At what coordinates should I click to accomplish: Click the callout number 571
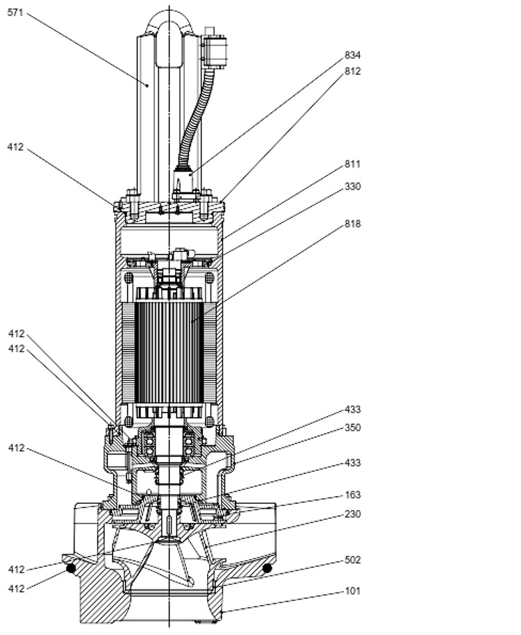15,13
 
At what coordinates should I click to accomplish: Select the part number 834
352,55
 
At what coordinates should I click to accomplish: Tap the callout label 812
352,71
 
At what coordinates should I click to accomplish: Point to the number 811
352,165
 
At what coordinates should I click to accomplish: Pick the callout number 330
352,187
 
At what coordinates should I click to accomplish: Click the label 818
352,224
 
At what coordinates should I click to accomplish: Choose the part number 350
352,428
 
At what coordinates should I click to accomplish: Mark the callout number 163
352,495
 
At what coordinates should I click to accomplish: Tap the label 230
352,514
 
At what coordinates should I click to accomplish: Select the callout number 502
352,560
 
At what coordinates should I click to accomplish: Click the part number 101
352,592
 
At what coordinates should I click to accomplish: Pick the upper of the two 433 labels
352,410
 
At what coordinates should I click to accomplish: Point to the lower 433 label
352,463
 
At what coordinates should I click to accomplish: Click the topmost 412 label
15,147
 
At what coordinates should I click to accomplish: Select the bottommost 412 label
15,588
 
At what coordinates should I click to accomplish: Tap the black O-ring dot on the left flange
70,569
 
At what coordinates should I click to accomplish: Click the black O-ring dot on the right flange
267,568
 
